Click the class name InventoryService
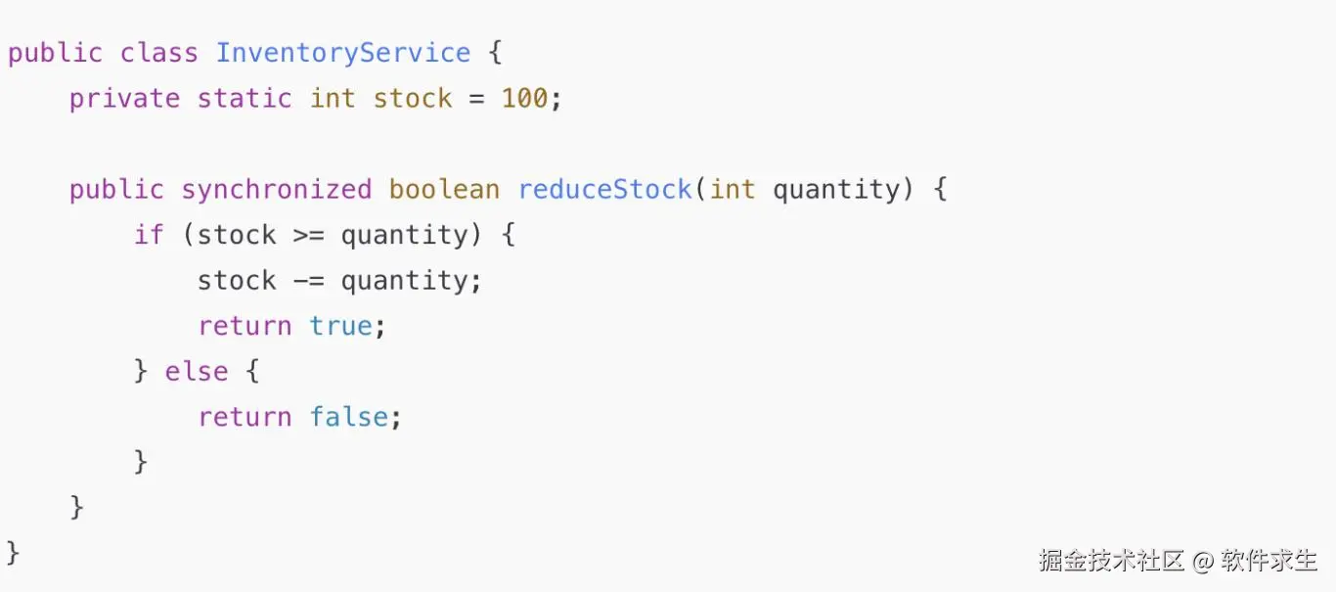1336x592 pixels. (342, 53)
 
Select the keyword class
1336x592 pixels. (158, 53)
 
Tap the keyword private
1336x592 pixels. (124, 99)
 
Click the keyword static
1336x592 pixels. (245, 99)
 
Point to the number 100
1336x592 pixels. (524, 99)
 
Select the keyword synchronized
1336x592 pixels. (277, 189)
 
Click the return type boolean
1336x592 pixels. (444, 189)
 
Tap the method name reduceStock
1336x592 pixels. (604, 189)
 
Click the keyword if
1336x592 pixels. (149, 235)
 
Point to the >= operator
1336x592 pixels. (309, 235)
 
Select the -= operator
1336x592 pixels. (309, 281)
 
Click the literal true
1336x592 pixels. (340, 326)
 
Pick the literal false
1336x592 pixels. (348, 417)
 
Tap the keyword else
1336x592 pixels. (196, 372)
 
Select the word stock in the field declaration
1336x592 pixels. (412, 99)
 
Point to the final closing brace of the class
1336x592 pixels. (14, 552)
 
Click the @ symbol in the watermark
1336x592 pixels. (1202, 561)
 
